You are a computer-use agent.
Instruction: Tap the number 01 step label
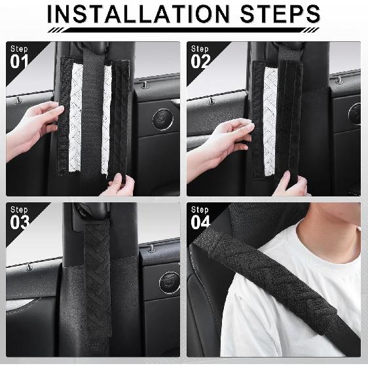coord(20,62)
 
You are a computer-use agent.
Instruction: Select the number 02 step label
coord(201,62)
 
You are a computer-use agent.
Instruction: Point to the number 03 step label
coord(20,222)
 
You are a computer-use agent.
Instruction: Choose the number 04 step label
coord(201,222)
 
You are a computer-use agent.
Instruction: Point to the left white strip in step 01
coord(76,118)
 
